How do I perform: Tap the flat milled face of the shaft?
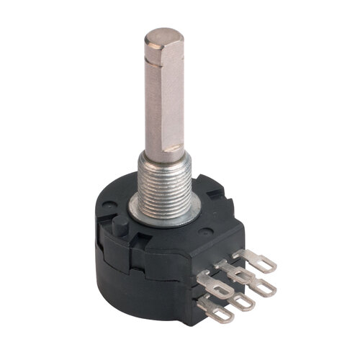pyautogui.click(x=174, y=101)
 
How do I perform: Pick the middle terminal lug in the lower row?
pyautogui.click(x=242, y=300)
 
